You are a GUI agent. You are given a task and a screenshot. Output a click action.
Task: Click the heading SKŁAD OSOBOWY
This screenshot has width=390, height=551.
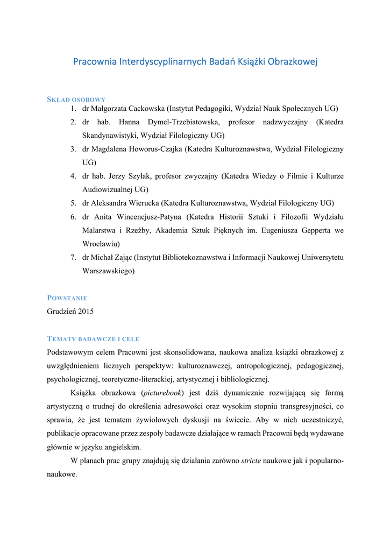coord(76,100)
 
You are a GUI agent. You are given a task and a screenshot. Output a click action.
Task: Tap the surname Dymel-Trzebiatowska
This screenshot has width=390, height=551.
coord(180,122)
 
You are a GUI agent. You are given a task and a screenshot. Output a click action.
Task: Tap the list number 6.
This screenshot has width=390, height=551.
coord(73,217)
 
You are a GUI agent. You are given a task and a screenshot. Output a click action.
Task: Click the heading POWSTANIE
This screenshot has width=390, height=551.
coord(67,298)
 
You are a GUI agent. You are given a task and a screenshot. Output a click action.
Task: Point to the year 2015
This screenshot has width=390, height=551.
coord(85,312)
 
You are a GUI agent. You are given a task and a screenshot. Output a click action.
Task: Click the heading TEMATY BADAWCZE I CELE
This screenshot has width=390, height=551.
coord(94,338)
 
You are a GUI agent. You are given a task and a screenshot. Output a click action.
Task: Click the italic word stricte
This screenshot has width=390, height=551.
coord(251,461)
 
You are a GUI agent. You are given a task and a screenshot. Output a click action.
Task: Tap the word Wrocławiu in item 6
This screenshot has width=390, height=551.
coord(101,244)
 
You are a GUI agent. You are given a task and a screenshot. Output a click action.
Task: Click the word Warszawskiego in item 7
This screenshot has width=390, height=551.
coord(108,271)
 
